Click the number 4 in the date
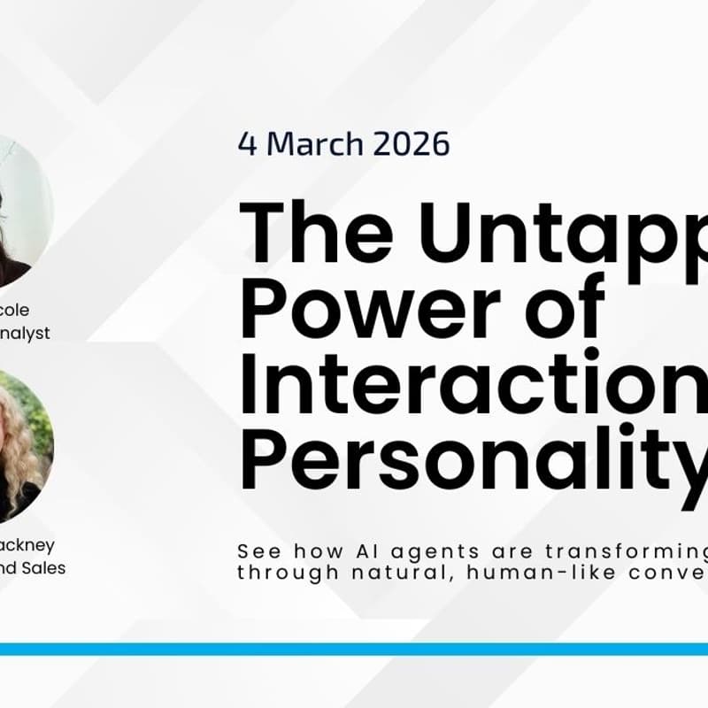(248, 143)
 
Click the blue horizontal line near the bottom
(354, 649)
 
